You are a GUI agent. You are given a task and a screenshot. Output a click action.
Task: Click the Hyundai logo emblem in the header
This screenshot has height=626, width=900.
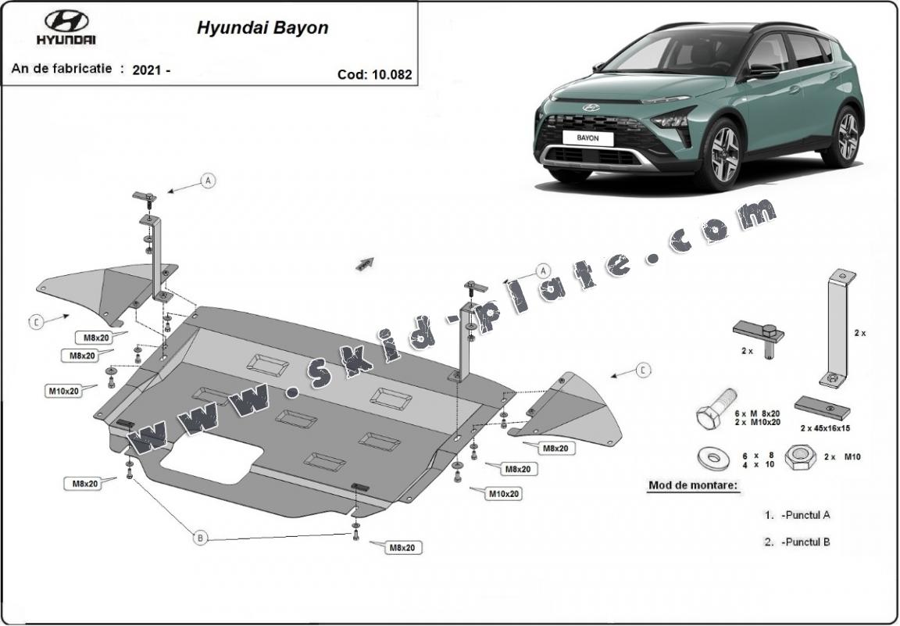[66, 21]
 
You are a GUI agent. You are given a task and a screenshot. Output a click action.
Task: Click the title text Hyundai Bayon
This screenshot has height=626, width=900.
[262, 28]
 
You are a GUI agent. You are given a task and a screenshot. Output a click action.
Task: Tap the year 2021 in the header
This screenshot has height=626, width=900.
[147, 70]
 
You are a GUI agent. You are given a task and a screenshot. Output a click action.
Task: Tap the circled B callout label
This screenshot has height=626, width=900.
[200, 537]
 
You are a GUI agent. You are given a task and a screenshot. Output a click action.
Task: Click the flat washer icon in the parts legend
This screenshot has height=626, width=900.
[712, 456]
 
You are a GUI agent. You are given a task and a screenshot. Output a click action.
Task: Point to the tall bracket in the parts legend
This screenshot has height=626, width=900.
[837, 328]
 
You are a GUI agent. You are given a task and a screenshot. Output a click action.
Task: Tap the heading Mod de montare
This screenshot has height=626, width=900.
[692, 485]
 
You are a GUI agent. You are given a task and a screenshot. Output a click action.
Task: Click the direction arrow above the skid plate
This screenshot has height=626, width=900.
[364, 264]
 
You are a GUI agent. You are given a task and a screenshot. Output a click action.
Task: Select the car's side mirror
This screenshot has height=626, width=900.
[762, 70]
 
